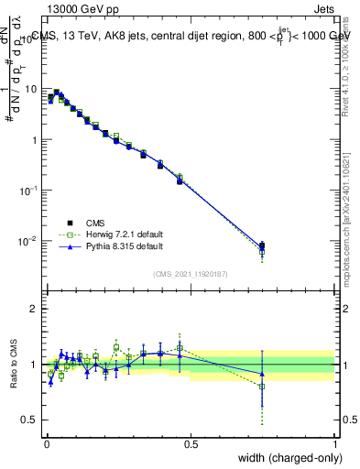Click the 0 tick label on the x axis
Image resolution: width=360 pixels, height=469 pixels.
coord(46,443)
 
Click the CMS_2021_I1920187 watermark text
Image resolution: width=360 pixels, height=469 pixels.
coord(191,273)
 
